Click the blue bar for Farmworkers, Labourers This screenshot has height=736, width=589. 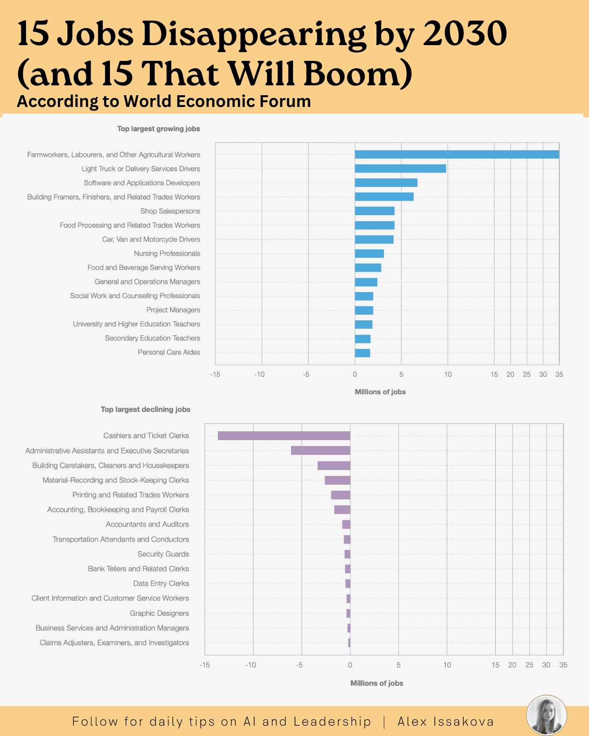[x=456, y=155]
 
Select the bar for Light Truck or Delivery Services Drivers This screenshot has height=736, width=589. [x=400, y=169]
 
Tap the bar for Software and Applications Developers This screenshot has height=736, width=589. [x=386, y=183]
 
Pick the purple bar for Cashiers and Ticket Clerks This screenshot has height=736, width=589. [x=284, y=436]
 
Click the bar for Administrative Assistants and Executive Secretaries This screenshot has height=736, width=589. [x=321, y=450]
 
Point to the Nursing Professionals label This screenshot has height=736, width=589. [x=167, y=254]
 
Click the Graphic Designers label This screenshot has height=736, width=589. [x=159, y=613]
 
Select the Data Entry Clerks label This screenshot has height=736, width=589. [x=161, y=583]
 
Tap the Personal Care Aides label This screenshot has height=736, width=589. [x=169, y=352]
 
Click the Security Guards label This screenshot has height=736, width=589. [x=163, y=554]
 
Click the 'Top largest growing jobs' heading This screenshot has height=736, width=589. [x=158, y=129]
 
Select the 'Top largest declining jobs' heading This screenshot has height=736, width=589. [x=145, y=410]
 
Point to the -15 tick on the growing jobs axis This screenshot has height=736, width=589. [x=215, y=374]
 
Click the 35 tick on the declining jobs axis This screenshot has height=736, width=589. [x=563, y=665]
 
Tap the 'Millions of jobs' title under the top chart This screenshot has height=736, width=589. [x=380, y=392]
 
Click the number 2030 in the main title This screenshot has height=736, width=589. [x=464, y=34]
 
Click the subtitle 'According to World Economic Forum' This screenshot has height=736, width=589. [x=163, y=102]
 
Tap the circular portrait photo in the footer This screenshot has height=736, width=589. [x=546, y=715]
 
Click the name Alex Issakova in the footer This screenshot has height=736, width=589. [x=445, y=722]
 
